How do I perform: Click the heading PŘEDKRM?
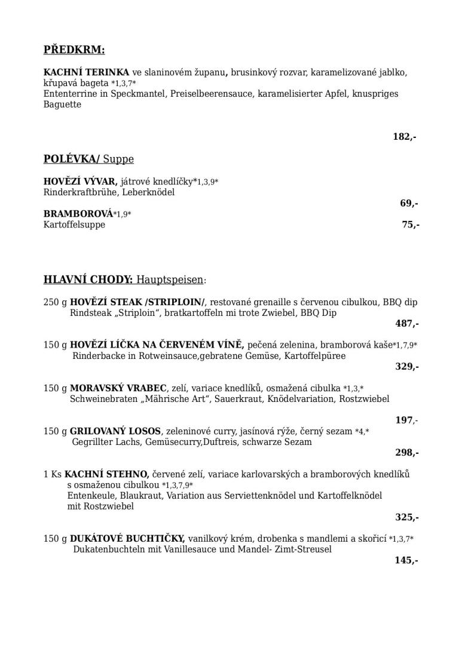74,50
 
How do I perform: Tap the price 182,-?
404,137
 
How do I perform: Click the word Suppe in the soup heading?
118,159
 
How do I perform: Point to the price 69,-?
409,203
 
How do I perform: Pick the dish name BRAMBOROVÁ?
78,213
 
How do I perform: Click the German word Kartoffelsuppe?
74,225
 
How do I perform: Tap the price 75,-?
411,225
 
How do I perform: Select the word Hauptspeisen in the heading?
170,279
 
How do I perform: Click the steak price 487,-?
406,324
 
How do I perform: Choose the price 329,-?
406,367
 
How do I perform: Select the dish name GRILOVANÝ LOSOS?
115,431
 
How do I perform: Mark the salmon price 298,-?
406,453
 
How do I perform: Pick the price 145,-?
406,560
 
